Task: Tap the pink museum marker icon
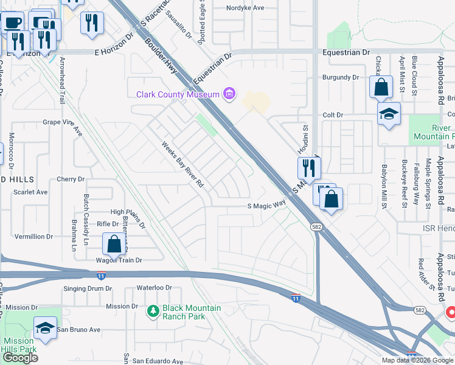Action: [229, 94]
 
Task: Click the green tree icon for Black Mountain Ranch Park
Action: [153, 311]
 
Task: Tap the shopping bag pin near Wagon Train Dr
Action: [114, 245]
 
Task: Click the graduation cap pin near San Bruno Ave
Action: [45, 328]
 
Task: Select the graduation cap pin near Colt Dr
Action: [387, 113]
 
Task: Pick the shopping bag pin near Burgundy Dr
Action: [381, 88]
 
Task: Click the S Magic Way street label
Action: [266, 206]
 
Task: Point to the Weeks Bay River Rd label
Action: [182, 165]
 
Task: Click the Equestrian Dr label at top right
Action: [346, 52]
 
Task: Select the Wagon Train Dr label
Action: [119, 260]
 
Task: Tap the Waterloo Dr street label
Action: [155, 287]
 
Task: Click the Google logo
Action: [20, 357]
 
